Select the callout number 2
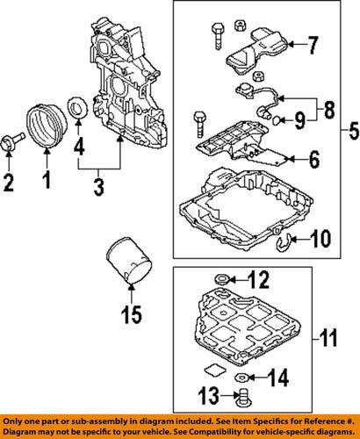pos(10,183)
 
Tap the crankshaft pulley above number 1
pos(45,126)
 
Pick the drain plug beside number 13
pos(244,403)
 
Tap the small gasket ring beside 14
pos(235,379)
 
